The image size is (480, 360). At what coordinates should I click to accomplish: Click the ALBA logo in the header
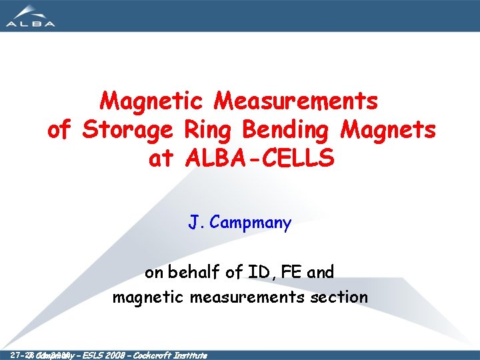(x=30, y=15)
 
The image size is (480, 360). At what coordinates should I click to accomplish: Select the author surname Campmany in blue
(x=250, y=223)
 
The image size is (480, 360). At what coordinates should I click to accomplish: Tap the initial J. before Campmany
(x=197, y=223)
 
